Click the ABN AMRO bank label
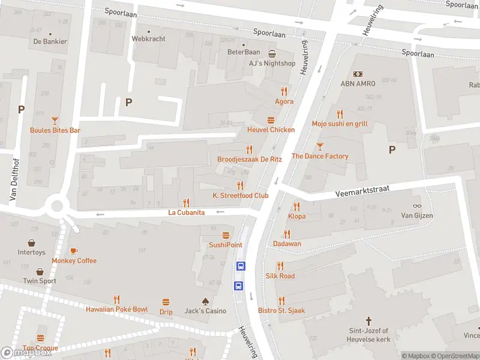(x=358, y=83)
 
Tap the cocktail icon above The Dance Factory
(x=320, y=146)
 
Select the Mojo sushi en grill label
(x=340, y=124)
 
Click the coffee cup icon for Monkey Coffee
(x=74, y=251)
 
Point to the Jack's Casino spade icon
(x=205, y=301)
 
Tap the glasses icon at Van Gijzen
(x=417, y=206)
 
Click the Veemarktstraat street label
(x=363, y=191)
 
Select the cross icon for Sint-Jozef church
(x=369, y=321)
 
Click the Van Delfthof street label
(x=13, y=175)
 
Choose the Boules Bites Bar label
(x=55, y=130)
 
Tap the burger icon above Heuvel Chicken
(x=271, y=120)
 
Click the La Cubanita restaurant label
(x=187, y=212)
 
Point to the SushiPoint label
(x=226, y=245)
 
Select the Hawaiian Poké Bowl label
(x=116, y=309)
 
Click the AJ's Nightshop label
(x=272, y=63)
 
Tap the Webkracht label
(x=148, y=38)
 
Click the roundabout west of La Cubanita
(x=58, y=206)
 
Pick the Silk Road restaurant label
(x=280, y=275)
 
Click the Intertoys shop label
(x=31, y=252)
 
